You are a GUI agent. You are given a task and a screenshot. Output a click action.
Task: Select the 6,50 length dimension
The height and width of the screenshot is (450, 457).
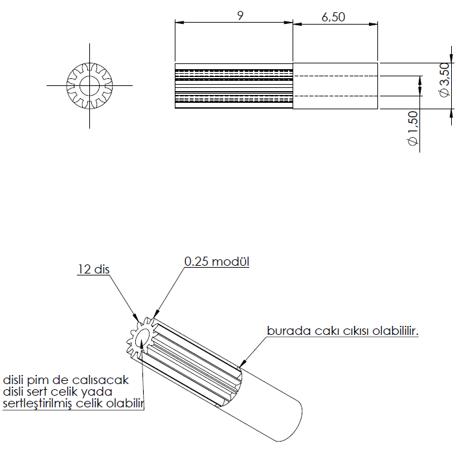pyautogui.click(x=333, y=17)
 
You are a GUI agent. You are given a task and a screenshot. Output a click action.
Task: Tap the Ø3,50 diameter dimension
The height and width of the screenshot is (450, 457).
pyautogui.click(x=444, y=80)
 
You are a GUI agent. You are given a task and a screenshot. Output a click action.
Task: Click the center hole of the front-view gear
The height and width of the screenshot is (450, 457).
pyautogui.click(x=89, y=85)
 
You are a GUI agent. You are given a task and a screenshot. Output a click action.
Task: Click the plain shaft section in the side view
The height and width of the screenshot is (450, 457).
pyautogui.click(x=335, y=85)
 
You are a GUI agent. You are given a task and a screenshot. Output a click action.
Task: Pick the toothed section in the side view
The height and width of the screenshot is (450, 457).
pyautogui.click(x=234, y=85)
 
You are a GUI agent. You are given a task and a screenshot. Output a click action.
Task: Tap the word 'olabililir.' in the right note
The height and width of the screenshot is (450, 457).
pyautogui.click(x=396, y=330)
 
